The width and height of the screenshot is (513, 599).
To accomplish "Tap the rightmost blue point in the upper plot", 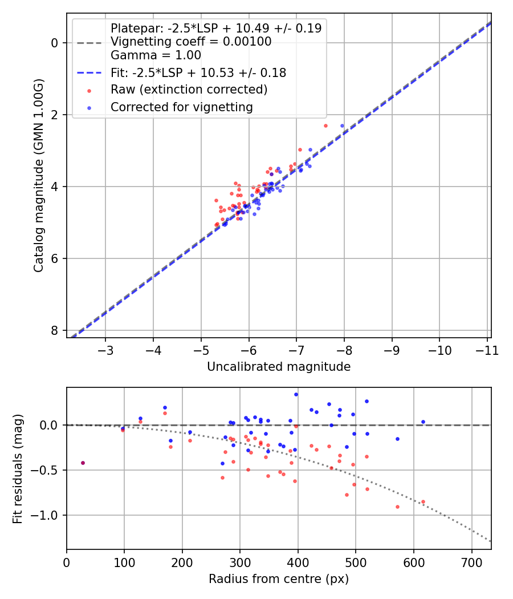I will (x=342, y=126).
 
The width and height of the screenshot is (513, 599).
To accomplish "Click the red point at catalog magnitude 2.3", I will (x=325, y=126).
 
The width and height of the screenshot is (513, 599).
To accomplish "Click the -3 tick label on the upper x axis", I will (x=105, y=350).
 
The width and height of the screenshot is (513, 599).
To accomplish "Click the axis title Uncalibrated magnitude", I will (x=279, y=367).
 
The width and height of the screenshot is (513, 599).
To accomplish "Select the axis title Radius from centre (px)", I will (x=279, y=579).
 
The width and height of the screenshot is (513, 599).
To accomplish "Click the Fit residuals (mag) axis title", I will (x=18, y=468).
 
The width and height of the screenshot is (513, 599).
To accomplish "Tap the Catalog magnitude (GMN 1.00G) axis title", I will (x=38, y=175).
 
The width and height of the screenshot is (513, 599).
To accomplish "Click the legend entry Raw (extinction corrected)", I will (x=189, y=90).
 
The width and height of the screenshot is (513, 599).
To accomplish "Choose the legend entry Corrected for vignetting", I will (x=181, y=107).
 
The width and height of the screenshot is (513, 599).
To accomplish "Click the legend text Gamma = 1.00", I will (x=156, y=55).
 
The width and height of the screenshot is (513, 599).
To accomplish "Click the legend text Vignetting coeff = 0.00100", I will (x=191, y=42).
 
